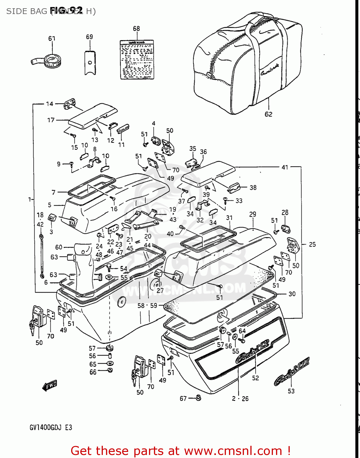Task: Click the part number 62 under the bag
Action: (x=268, y=114)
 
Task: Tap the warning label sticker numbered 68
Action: (x=136, y=60)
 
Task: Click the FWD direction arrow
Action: (x=50, y=386)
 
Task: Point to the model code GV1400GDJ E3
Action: (x=51, y=427)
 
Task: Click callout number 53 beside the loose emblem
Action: (x=291, y=391)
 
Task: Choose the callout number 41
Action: (x=285, y=167)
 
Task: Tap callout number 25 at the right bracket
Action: (x=312, y=244)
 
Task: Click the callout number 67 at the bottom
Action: (x=183, y=398)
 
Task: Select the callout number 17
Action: (x=51, y=120)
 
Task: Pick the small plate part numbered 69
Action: (x=90, y=63)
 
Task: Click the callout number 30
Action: (x=292, y=294)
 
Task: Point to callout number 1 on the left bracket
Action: (x=30, y=199)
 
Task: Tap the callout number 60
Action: (x=59, y=247)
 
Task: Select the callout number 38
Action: (x=253, y=187)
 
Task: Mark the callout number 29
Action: (x=253, y=214)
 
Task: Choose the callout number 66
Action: (x=93, y=372)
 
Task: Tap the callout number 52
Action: (x=255, y=378)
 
